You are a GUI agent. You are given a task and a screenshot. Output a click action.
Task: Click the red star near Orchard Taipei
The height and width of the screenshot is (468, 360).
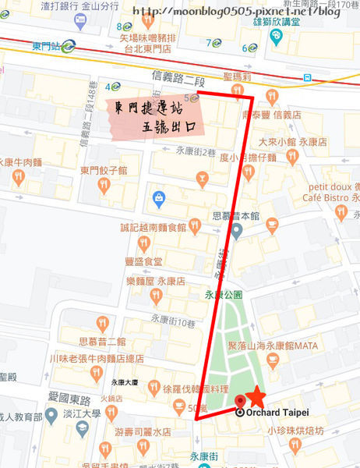pyautogui.click(x=254, y=397)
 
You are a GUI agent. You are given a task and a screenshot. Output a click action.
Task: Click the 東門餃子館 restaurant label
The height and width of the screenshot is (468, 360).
pyautogui.click(x=103, y=169)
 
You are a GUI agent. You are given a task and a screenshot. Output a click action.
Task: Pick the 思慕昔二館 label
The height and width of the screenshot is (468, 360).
pyautogui.click(x=103, y=342)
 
